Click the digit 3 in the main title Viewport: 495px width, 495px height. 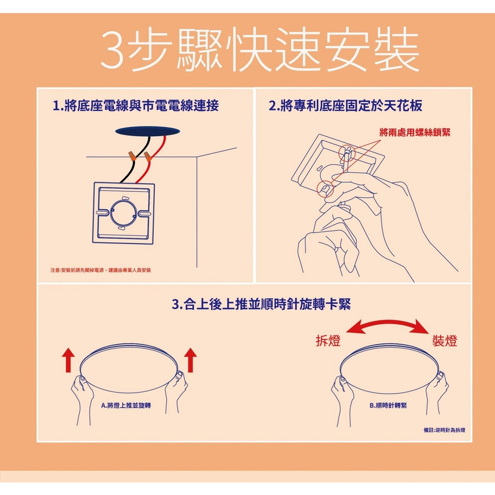(113, 50)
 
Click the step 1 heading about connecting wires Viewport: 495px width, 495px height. (136, 105)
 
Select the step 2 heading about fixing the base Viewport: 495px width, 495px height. (345, 105)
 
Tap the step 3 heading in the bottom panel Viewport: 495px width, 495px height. (262, 305)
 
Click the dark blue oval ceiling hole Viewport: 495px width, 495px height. (148, 131)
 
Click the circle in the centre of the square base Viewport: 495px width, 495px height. (124, 213)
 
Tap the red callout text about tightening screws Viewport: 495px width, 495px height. (415, 132)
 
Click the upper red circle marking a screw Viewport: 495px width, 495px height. (347, 154)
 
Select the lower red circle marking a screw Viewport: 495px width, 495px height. (325, 189)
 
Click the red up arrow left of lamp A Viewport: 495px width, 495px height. (68, 360)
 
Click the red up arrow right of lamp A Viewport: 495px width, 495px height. (190, 360)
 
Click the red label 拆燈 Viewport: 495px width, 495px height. (328, 341)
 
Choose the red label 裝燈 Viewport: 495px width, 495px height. (445, 341)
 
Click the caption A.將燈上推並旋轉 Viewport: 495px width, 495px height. (126, 406)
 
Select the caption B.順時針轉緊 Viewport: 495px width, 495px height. (388, 406)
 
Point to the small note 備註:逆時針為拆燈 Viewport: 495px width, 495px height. (445, 430)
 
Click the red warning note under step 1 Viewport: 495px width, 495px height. (101, 270)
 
